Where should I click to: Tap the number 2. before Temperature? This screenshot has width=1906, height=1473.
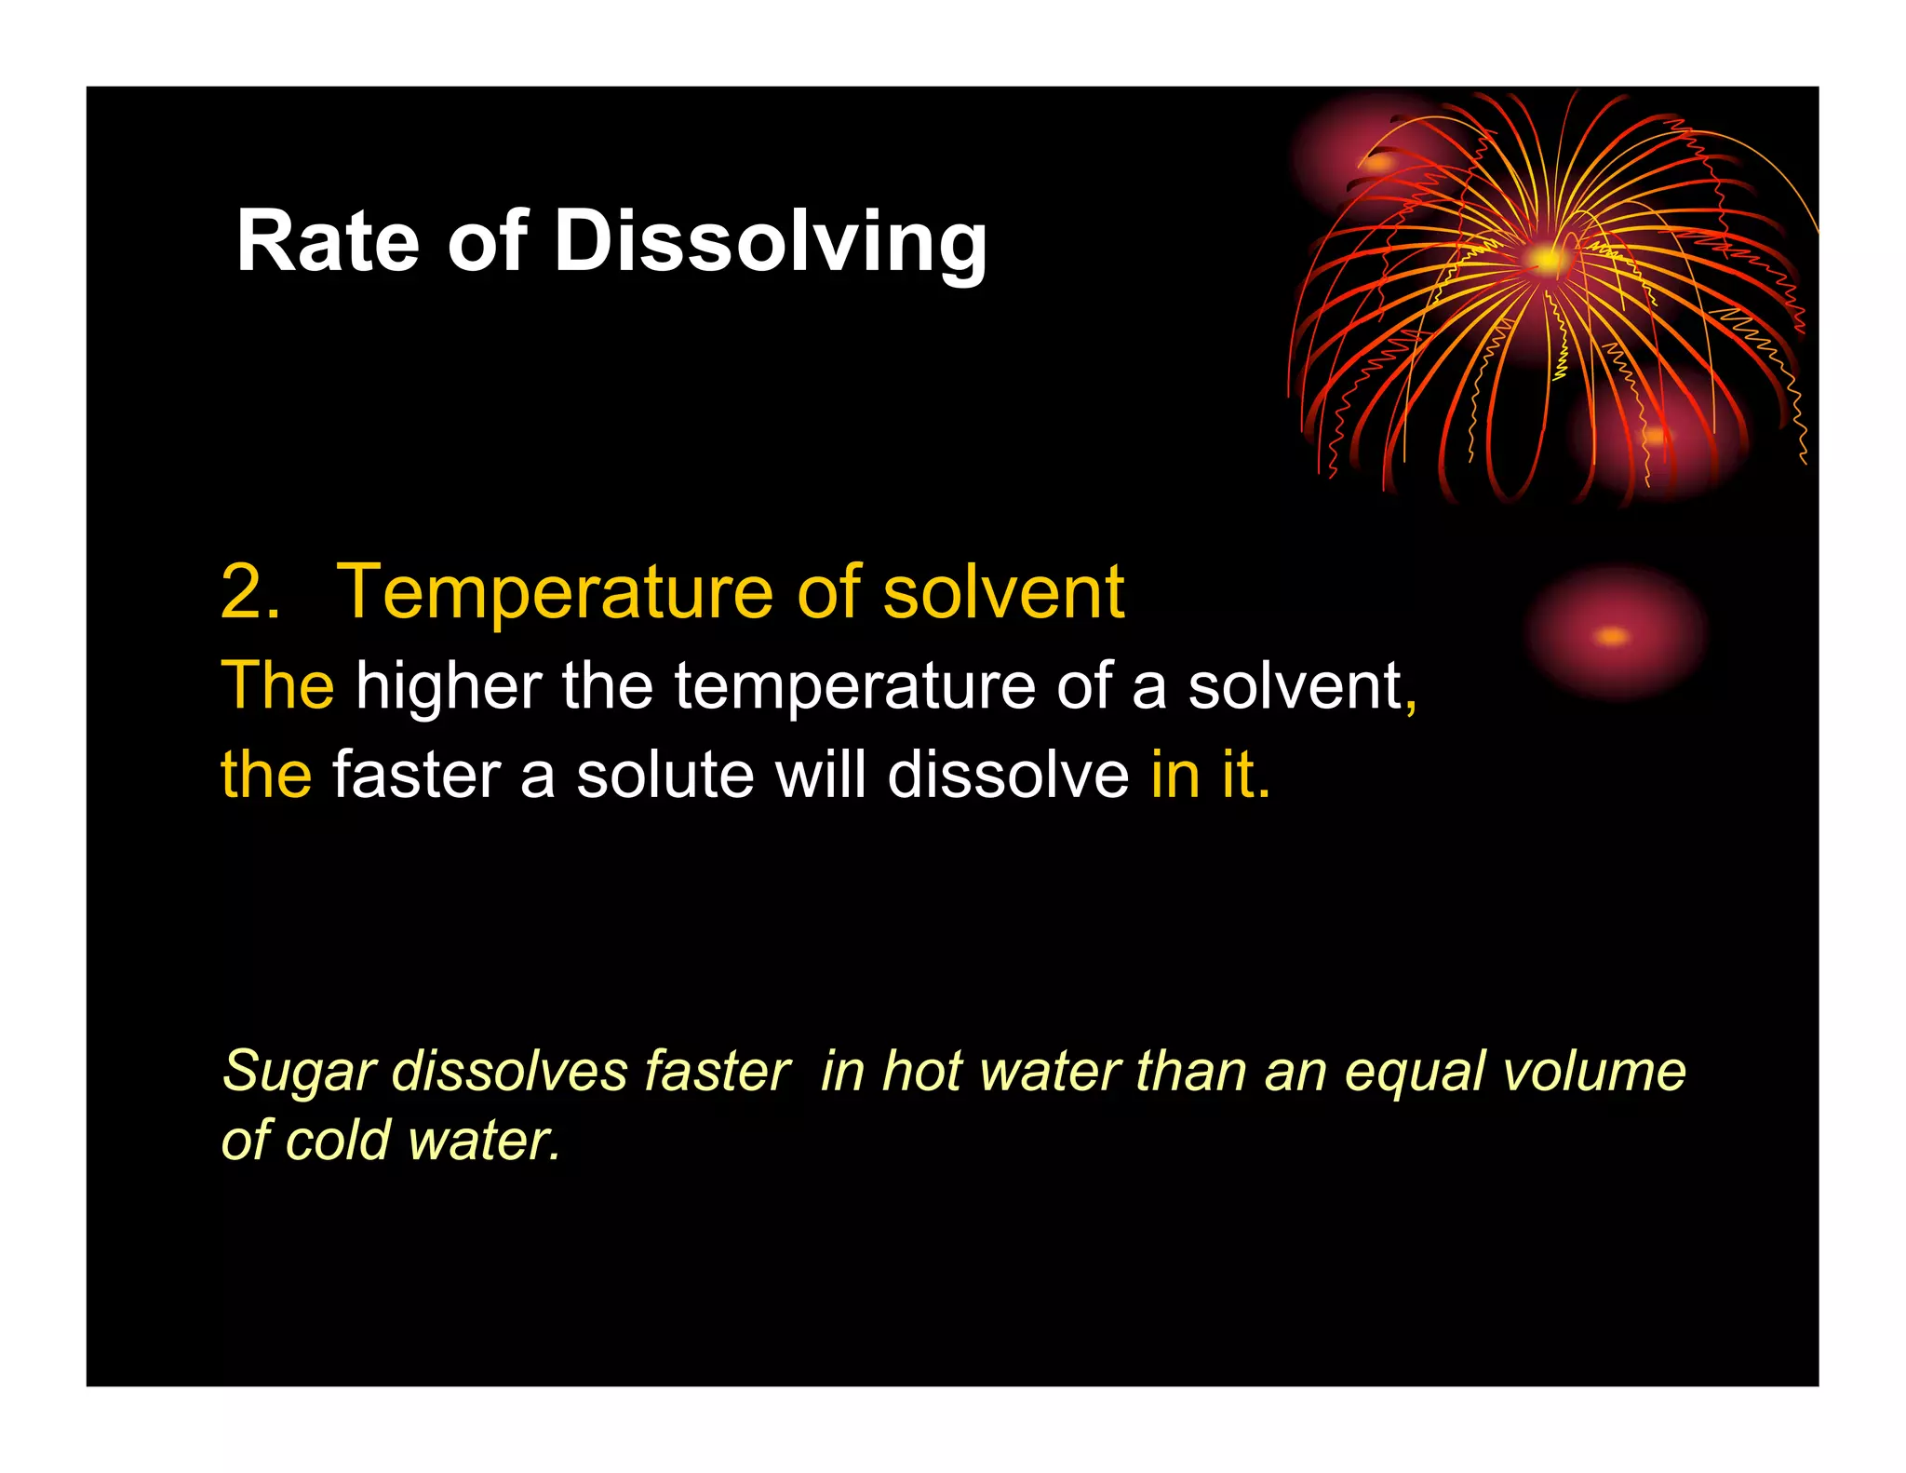pos(249,592)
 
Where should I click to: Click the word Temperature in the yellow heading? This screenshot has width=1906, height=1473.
pos(554,594)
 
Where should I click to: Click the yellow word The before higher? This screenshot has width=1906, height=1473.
pos(277,685)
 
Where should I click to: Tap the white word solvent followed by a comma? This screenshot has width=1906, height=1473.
pos(1295,685)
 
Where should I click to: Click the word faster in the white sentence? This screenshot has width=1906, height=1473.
pos(417,775)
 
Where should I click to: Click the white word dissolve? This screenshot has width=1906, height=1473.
pos(1007,775)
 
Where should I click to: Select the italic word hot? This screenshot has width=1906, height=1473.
pos(921,1071)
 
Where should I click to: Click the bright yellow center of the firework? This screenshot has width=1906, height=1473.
pos(1546,258)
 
